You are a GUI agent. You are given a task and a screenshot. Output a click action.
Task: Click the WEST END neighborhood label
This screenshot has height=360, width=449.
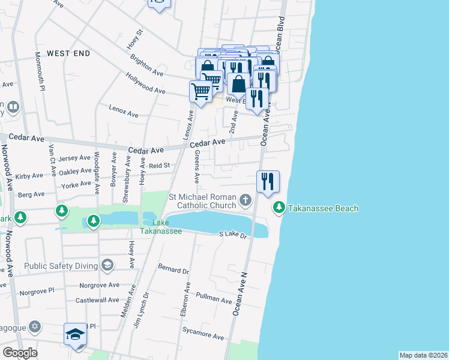(68, 53)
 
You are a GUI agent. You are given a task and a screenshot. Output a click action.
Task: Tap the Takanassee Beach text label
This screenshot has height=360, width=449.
(323, 208)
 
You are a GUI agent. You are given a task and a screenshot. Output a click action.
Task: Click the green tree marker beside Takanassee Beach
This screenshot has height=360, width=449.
(279, 208)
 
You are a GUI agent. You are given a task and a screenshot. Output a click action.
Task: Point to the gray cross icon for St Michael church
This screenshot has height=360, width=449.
(245, 199)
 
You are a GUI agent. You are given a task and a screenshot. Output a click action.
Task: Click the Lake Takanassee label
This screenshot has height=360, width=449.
(161, 227)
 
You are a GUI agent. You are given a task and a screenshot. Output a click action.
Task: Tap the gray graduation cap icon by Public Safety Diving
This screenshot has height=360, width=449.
(107, 265)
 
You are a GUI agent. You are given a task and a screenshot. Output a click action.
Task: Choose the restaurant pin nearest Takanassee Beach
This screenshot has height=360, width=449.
(268, 181)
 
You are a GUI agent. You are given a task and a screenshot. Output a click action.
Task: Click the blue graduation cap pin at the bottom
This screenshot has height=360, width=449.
(76, 335)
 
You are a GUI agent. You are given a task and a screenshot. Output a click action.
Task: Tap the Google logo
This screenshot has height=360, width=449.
(20, 353)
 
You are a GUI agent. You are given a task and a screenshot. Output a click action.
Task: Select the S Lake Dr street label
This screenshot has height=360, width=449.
(234, 235)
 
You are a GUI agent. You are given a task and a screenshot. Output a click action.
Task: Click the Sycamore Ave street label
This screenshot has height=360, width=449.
(202, 331)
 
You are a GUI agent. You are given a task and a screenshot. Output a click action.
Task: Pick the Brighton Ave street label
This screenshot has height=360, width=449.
(146, 66)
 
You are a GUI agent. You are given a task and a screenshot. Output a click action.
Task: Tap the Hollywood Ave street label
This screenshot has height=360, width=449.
(145, 84)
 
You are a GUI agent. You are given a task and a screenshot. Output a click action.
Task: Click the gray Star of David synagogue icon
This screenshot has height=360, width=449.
(35, 326)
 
